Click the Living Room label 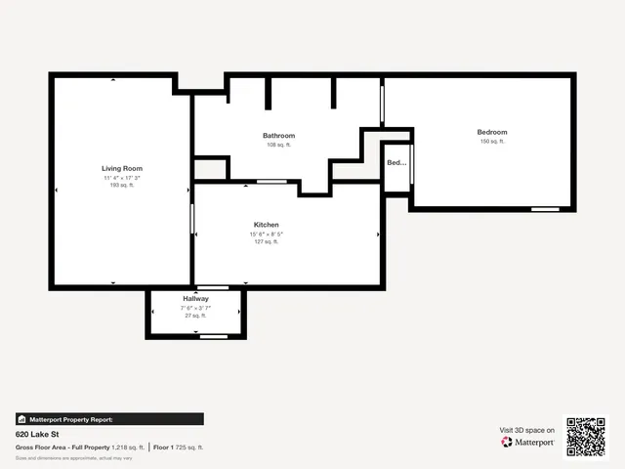[x=122, y=168]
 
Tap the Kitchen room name [x=267, y=225]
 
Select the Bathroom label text [x=278, y=136]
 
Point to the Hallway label [x=195, y=299]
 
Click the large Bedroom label [x=492, y=132]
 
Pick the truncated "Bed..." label [x=396, y=163]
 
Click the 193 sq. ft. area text [x=122, y=186]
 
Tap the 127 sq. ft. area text [x=267, y=242]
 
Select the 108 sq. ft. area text [x=278, y=145]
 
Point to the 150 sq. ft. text [x=492, y=142]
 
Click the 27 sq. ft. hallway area [x=195, y=316]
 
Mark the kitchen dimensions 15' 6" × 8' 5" [x=267, y=234]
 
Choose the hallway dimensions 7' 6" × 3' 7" [x=195, y=308]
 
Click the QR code [x=587, y=437]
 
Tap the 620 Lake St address [x=35, y=433]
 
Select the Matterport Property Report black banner [x=109, y=419]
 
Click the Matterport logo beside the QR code [x=528, y=442]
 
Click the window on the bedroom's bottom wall [x=545, y=209]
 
